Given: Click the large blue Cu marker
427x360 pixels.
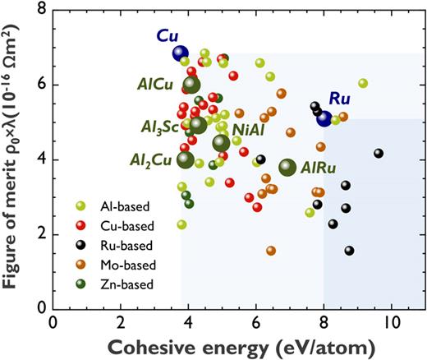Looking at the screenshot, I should click(x=181, y=54).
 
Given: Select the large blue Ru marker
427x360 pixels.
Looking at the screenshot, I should click(x=324, y=118).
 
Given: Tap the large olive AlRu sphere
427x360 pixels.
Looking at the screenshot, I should click(x=287, y=167).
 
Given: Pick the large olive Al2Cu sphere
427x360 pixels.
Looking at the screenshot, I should click(x=186, y=159).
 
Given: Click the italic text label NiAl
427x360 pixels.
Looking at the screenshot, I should click(x=249, y=130).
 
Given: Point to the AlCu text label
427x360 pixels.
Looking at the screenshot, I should click(x=159, y=83).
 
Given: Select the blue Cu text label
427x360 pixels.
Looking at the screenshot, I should click(x=169, y=36).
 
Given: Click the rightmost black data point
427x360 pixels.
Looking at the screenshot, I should click(x=379, y=154).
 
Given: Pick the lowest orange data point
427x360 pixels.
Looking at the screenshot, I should click(x=271, y=251).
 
